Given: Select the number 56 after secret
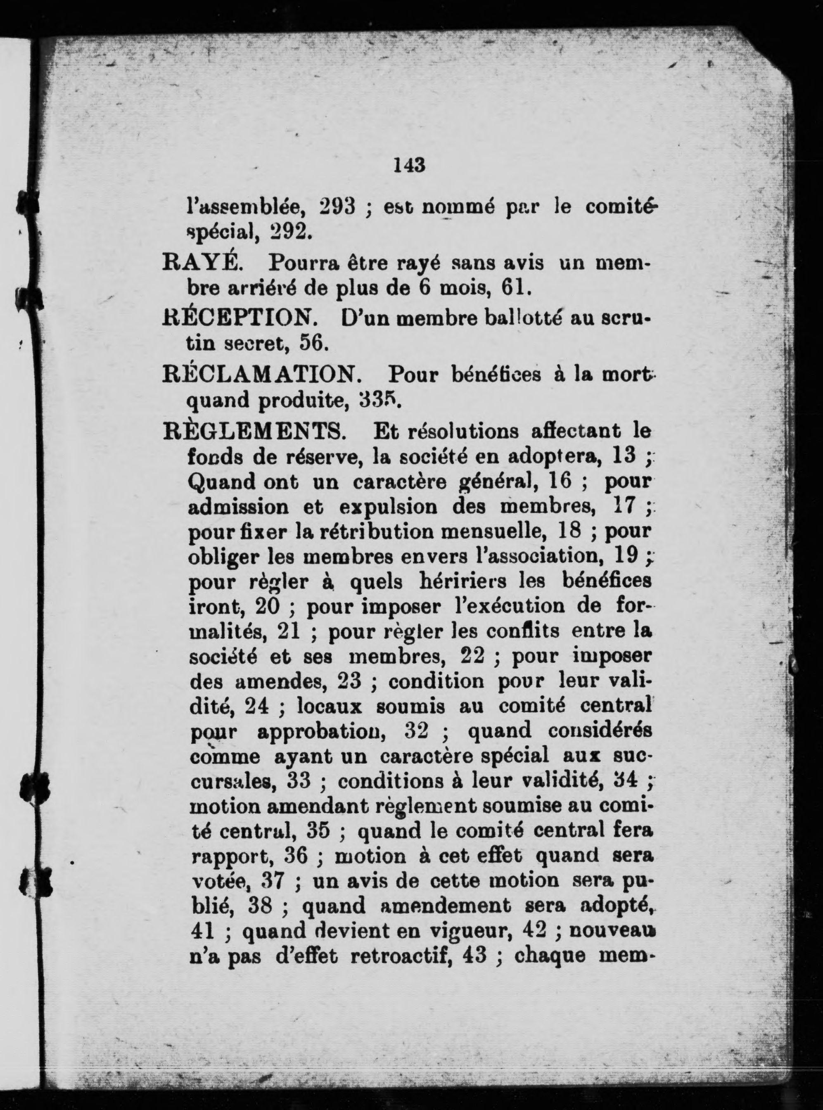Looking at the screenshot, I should pos(313,343).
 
